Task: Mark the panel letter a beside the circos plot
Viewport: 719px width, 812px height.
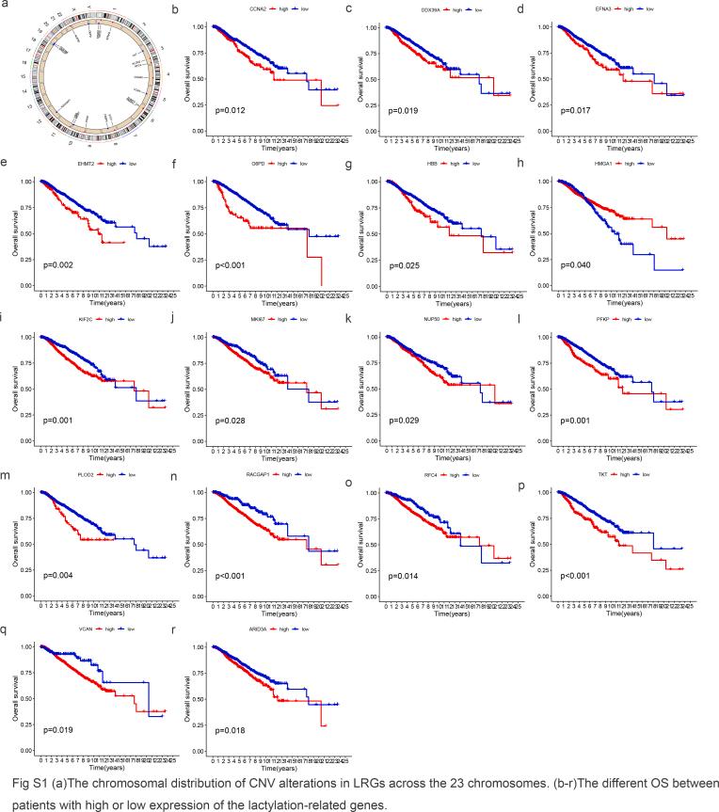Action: [7, 7]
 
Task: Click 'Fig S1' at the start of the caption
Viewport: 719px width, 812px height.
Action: [22, 781]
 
